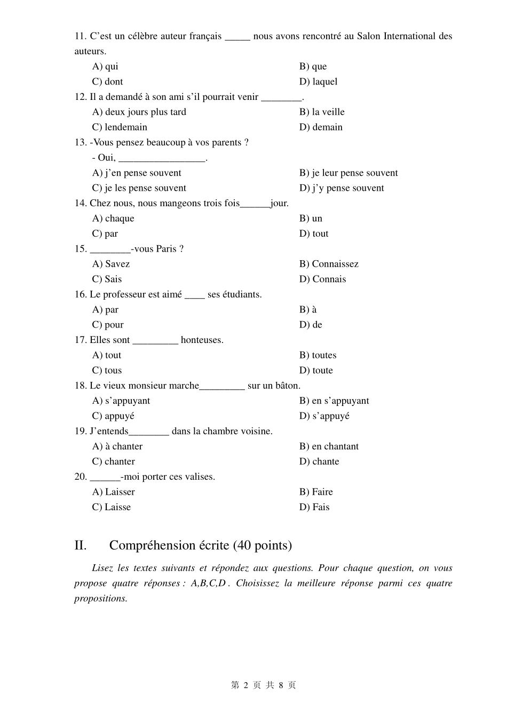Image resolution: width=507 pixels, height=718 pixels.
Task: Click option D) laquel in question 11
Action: (318, 82)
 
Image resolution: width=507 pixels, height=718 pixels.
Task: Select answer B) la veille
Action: (322, 112)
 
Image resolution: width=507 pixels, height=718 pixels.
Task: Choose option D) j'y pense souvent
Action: (342, 188)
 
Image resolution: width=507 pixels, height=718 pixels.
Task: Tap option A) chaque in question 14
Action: (113, 218)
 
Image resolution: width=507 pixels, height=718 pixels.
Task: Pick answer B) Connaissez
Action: (329, 264)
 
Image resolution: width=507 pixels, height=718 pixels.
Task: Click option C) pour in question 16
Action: (108, 325)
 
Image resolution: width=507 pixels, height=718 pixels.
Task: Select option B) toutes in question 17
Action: (318, 355)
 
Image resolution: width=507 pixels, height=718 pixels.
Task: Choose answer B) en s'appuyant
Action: (334, 401)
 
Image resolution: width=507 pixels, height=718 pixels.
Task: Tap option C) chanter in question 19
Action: (114, 462)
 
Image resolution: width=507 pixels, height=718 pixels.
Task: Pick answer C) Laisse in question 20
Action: (112, 507)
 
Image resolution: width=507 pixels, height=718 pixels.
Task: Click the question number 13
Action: (80, 143)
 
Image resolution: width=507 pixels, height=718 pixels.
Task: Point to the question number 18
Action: (80, 386)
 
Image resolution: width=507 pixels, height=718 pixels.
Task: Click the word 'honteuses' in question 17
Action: (201, 340)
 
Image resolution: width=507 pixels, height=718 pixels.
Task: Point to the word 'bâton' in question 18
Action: (287, 386)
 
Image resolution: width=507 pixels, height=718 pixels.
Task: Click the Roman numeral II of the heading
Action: (81, 545)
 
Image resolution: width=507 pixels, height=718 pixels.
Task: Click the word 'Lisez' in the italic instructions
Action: (102, 568)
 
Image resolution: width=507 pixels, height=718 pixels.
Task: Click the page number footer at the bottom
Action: (263, 685)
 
